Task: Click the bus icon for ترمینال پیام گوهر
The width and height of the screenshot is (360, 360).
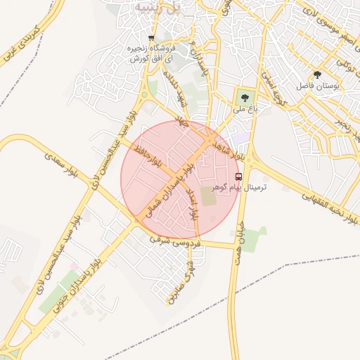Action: point(238,176)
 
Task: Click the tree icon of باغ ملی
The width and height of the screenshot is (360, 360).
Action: point(245,98)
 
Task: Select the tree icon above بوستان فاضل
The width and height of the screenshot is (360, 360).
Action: point(318,75)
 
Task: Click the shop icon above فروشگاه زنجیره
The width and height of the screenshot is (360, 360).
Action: point(150,38)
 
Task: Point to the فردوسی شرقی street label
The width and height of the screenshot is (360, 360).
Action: point(176,242)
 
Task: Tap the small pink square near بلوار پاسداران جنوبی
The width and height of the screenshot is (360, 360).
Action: point(72,266)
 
